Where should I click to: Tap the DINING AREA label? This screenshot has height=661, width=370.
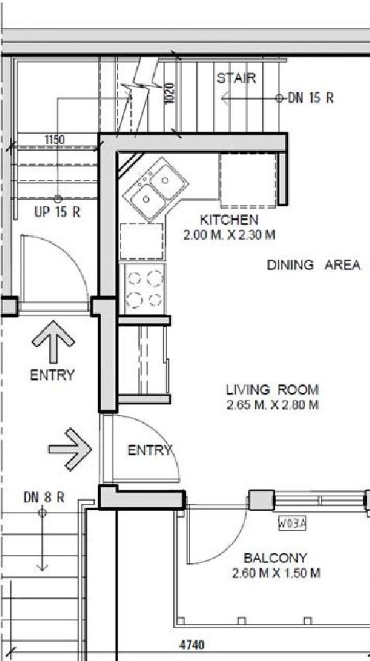313,265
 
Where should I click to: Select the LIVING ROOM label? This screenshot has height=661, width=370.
272,389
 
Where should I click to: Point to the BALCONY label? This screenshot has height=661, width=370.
275,558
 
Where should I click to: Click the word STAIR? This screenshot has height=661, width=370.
236,78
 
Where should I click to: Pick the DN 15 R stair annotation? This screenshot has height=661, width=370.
310,98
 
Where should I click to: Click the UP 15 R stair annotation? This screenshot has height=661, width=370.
57,212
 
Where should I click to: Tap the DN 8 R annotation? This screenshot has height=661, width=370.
43,497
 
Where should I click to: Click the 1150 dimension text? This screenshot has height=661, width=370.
54,139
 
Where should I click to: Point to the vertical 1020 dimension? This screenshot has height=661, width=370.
169,93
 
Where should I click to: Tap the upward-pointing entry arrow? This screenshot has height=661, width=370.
53,343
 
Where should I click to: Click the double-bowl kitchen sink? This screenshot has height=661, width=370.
158,189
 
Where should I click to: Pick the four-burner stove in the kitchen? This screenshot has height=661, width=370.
145,289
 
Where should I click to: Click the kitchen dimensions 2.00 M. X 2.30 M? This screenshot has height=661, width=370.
230,234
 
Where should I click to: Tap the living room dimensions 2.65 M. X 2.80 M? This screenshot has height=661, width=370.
273,404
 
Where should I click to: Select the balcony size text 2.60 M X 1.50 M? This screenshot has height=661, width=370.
275,573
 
